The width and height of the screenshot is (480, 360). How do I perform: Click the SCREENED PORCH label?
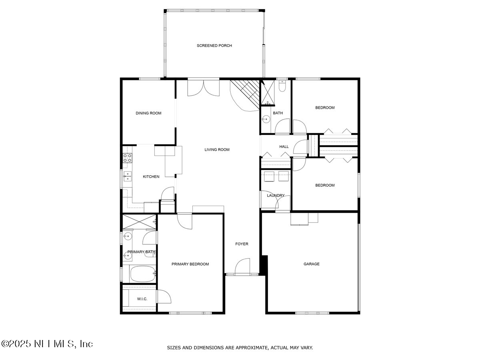214,46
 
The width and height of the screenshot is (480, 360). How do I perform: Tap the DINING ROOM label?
148,113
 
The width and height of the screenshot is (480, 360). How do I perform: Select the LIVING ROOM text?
217,150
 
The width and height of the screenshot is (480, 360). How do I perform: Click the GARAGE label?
311,264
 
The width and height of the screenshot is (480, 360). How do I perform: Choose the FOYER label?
242,244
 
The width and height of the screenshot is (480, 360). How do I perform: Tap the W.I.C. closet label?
142,299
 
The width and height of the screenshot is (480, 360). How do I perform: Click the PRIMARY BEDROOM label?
190,264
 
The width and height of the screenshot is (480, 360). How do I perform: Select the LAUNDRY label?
276,196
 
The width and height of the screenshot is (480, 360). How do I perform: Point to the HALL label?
284,147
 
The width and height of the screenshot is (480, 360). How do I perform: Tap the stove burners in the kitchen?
127,158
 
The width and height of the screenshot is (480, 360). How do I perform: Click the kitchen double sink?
127,176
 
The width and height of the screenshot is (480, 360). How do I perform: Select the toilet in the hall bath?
282,86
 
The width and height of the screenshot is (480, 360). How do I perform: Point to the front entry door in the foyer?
242,267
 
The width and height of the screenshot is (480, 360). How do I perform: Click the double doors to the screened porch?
203,88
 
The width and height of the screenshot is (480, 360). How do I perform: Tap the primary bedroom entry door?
185,221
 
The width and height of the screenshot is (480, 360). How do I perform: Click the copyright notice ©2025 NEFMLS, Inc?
47,344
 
